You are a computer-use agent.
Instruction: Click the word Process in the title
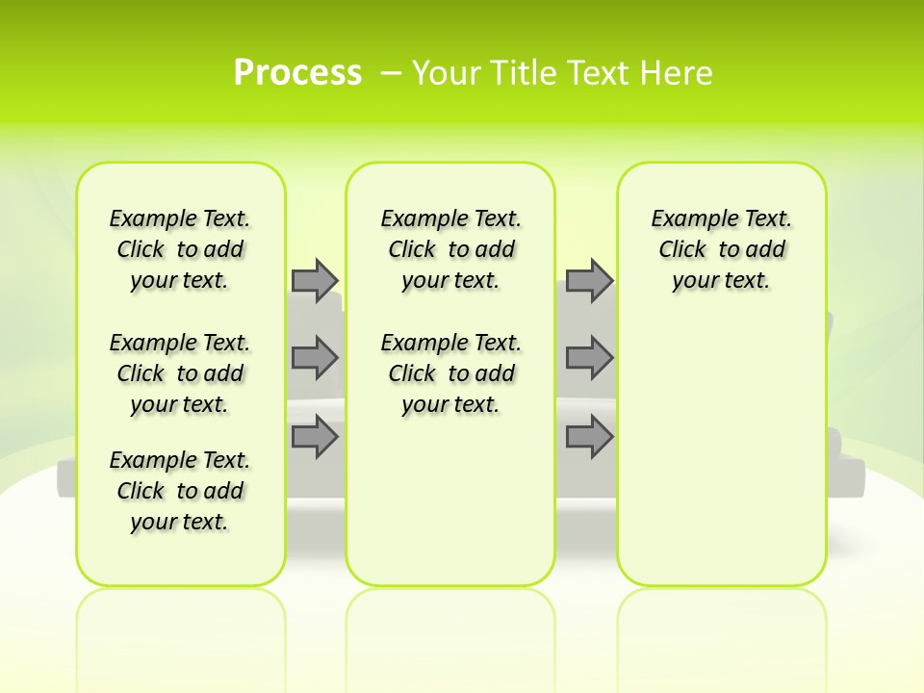[x=297, y=72]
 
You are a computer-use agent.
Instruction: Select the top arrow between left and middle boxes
[x=315, y=280]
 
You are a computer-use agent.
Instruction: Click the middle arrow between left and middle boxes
[x=315, y=358]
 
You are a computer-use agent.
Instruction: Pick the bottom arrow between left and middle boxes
[x=315, y=437]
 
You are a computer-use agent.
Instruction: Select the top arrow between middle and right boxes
[x=589, y=280]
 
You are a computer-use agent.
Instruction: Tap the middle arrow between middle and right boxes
[x=589, y=358]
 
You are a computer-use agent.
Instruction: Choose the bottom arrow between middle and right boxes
[x=589, y=437]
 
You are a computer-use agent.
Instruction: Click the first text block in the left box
[x=180, y=249]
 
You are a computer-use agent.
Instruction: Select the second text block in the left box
[x=180, y=373]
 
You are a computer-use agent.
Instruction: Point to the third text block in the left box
[x=180, y=491]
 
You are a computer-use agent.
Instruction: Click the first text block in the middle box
[x=451, y=249]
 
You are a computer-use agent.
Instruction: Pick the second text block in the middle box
[x=451, y=373]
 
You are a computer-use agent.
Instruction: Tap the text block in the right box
[x=722, y=249]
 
